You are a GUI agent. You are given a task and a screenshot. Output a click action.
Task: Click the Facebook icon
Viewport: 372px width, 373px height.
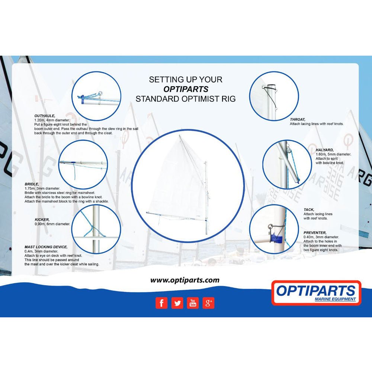[161, 303]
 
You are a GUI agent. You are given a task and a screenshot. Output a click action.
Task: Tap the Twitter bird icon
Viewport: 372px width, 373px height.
[177, 303]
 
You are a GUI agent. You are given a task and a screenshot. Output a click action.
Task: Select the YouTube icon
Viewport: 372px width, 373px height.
[193, 303]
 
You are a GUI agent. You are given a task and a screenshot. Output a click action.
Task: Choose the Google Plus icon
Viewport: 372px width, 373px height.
[209, 303]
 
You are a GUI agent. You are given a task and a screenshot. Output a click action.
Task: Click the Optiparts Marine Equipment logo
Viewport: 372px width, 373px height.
[316, 293]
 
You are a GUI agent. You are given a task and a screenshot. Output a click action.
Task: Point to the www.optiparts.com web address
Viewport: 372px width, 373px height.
[185, 280]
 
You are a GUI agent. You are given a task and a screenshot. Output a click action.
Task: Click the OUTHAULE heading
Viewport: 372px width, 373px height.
[45, 116]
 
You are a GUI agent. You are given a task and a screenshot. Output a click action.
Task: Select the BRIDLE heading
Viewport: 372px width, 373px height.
[32, 184]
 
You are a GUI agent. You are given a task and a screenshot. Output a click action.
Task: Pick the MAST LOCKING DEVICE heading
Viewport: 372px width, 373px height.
[46, 247]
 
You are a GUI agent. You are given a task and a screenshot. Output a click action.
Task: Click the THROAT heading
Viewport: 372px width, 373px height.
[298, 119]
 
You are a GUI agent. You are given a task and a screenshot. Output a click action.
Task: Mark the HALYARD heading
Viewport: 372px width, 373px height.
[324, 150]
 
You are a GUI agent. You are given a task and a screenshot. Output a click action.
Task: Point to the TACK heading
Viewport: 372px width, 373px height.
[309, 210]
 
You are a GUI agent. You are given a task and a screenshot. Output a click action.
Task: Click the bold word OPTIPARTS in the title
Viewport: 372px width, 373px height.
[186, 89]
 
